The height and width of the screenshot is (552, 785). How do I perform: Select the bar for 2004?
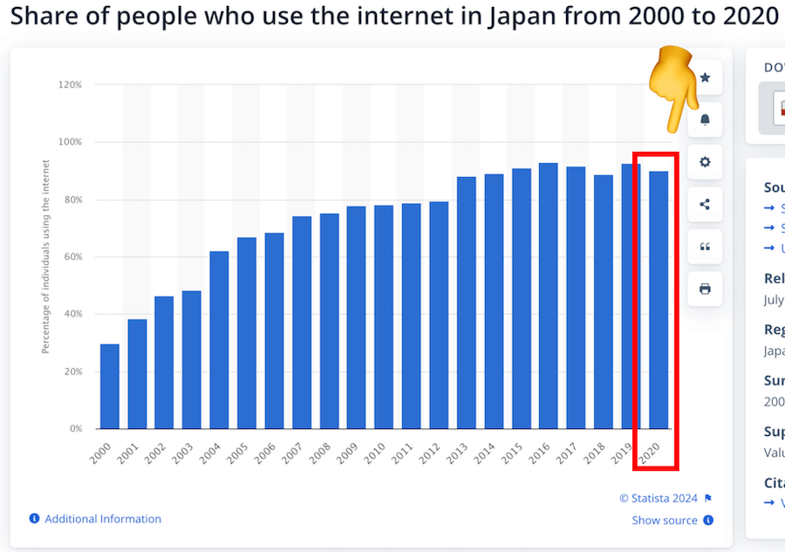tap(220, 340)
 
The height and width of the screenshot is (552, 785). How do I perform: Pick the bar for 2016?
tap(549, 296)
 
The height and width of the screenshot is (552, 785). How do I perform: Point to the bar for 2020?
tap(659, 300)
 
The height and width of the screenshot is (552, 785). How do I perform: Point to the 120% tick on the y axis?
tap(70, 85)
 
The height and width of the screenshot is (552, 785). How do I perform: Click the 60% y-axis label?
tap(72, 256)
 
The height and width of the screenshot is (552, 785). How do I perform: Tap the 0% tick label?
tap(75, 429)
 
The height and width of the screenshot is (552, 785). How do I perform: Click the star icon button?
tap(705, 78)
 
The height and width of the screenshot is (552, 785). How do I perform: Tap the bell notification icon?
tap(705, 119)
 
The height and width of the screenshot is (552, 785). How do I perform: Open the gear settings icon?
tap(705, 161)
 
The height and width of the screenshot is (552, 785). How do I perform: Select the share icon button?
tap(705, 205)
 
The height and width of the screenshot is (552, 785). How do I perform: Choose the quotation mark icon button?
tap(705, 247)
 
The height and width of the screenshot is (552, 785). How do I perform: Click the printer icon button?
tap(705, 289)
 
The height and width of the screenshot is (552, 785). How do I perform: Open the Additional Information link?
tap(103, 519)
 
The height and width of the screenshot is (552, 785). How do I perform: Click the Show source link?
tap(665, 521)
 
